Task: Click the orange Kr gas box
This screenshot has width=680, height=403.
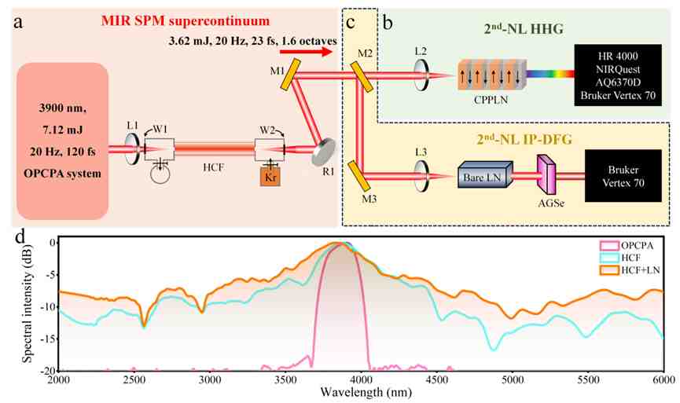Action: pos(270,177)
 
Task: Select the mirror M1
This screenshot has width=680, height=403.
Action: pos(291,75)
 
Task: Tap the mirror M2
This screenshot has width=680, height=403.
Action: pos(362,77)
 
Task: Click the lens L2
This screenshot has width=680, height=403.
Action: pos(421,75)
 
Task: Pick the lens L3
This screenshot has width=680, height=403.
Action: pos(421,175)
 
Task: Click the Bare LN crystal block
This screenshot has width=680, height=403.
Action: pos(485,174)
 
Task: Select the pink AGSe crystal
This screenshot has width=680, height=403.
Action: pos(546,174)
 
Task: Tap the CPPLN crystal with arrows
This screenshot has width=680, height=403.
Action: pos(492,75)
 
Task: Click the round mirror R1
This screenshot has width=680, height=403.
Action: pos(324,152)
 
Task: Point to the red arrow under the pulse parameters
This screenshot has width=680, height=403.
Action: pos(306,53)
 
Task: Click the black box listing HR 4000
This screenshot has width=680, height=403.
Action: pos(618,75)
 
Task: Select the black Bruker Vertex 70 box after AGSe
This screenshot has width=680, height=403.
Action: pos(623,175)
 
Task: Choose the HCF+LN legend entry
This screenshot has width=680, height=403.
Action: pos(630,270)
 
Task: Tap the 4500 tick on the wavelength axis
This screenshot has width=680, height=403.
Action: pos(437,380)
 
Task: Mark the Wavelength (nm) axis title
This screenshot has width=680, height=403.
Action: pos(366,393)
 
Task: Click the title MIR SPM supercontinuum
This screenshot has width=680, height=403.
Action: pos(186,20)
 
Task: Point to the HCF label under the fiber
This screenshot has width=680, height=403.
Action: pos(213,167)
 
